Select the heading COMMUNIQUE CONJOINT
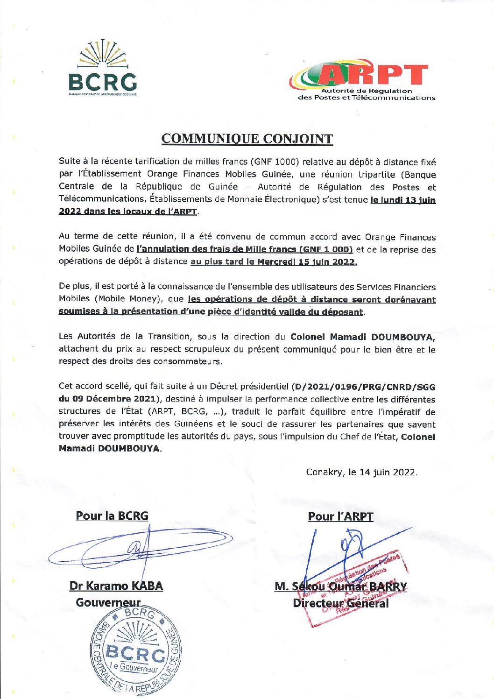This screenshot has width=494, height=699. tap(247, 139)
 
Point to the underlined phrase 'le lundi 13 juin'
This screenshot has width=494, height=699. tap(403, 200)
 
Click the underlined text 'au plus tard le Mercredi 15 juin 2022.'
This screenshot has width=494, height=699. tap(274, 261)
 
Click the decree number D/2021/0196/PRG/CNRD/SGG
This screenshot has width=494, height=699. tap(364, 387)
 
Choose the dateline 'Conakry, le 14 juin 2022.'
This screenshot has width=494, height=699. tap(361, 472)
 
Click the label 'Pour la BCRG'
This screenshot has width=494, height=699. tap(112, 516)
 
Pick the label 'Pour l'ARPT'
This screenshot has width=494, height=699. tap(340, 516)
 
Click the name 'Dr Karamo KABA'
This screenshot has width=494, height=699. tap(116, 586)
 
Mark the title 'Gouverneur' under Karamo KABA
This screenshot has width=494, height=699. tap(108, 603)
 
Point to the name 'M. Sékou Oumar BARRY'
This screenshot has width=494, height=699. tap(341, 586)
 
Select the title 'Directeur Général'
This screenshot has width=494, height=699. tap(340, 603)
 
